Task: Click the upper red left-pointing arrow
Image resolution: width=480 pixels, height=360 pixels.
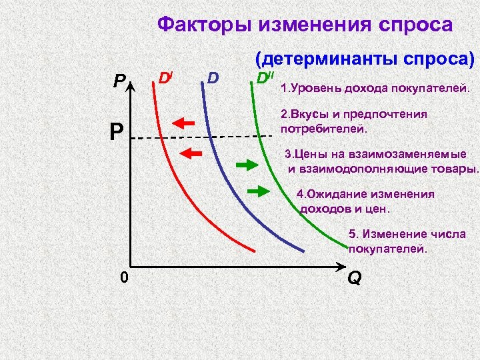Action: pos(187,123)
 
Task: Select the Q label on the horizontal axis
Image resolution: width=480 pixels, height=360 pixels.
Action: pos(355,278)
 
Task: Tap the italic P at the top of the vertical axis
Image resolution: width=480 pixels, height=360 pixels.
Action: pos(119,82)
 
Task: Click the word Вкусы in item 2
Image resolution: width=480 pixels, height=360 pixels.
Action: pos(311,115)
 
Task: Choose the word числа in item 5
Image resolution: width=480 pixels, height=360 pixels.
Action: pos(451,234)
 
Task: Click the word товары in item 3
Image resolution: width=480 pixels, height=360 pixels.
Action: pos(455,167)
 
